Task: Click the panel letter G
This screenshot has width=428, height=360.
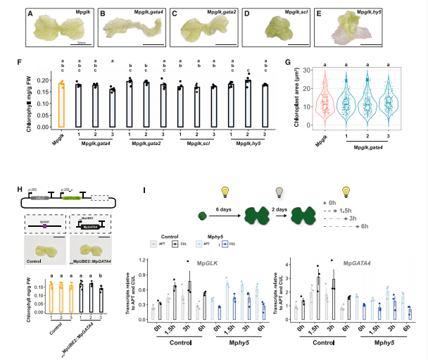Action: (x=289, y=62)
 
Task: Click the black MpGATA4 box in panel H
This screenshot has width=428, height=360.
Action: (x=85, y=228)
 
